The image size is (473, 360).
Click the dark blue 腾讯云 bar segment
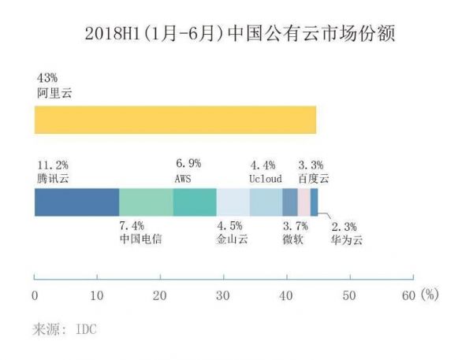(x=76, y=202)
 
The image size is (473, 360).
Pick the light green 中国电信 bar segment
(x=146, y=202)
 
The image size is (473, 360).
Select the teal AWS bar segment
(x=195, y=202)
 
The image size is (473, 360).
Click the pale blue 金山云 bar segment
(x=233, y=202)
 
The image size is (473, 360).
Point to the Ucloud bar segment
(x=266, y=202)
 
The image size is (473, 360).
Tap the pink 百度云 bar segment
(x=304, y=202)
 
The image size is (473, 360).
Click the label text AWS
(x=182, y=178)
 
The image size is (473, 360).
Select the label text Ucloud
(x=265, y=179)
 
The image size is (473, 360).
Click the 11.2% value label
(x=52, y=165)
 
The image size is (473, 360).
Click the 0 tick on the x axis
(x=35, y=295)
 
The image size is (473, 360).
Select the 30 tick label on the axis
(x=222, y=295)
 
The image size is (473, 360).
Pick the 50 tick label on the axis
(x=347, y=295)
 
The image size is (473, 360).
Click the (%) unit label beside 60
(x=428, y=295)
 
